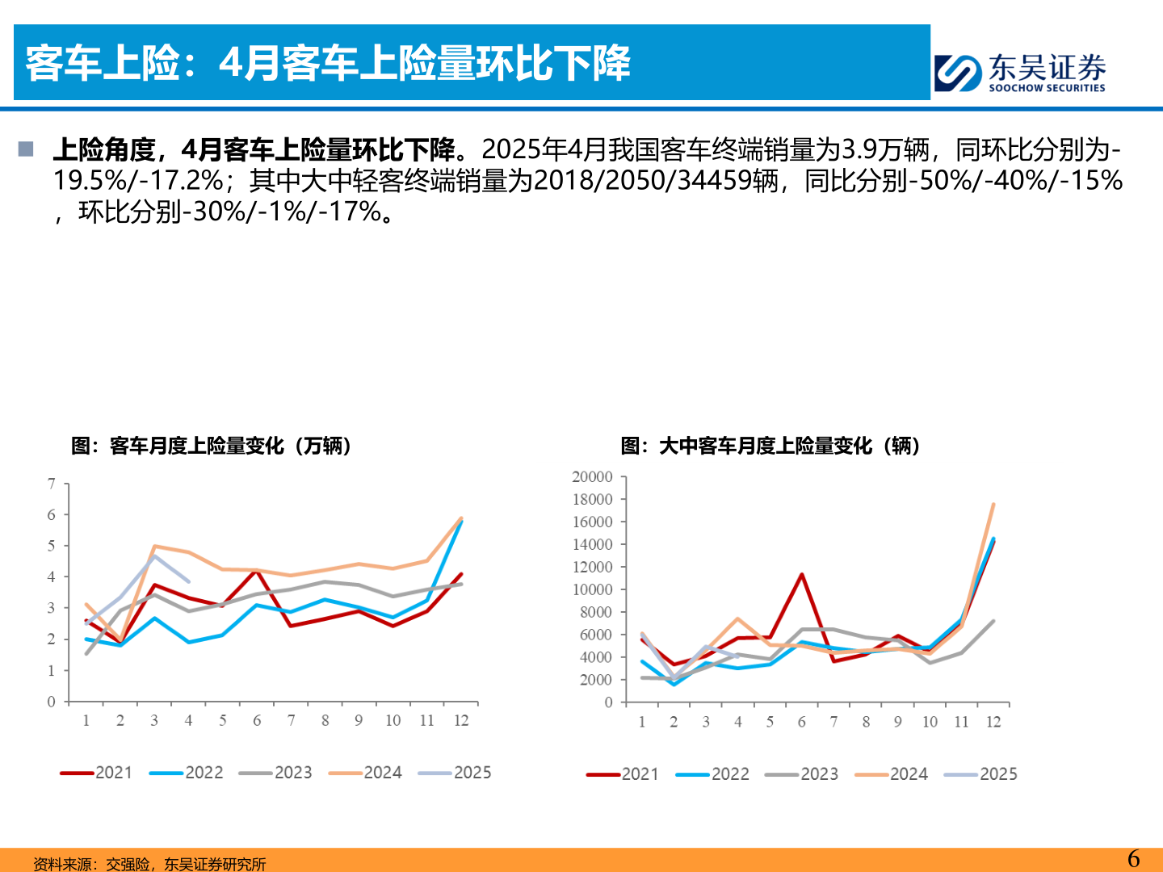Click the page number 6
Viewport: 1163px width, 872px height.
(x=1134, y=858)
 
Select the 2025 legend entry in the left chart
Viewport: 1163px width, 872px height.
(x=455, y=773)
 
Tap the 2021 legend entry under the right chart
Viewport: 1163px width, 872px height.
(x=622, y=774)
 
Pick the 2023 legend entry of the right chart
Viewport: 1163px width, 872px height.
(x=801, y=774)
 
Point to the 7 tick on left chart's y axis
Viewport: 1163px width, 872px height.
(x=52, y=484)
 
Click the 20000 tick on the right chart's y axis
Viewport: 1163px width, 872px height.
(x=592, y=477)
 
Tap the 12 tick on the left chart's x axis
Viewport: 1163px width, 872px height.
(x=461, y=720)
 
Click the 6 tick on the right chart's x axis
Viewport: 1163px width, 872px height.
(x=801, y=722)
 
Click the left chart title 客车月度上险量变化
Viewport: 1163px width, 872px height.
(x=212, y=446)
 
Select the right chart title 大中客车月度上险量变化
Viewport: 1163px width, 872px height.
(x=771, y=446)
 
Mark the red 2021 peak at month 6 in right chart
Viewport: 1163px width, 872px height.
(x=801, y=575)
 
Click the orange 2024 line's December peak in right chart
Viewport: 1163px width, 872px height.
(x=993, y=505)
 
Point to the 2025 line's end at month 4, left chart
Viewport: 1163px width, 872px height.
(x=188, y=581)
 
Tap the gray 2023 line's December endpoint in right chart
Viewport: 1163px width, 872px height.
(x=993, y=622)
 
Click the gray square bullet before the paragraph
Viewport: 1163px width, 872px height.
(x=26, y=149)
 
